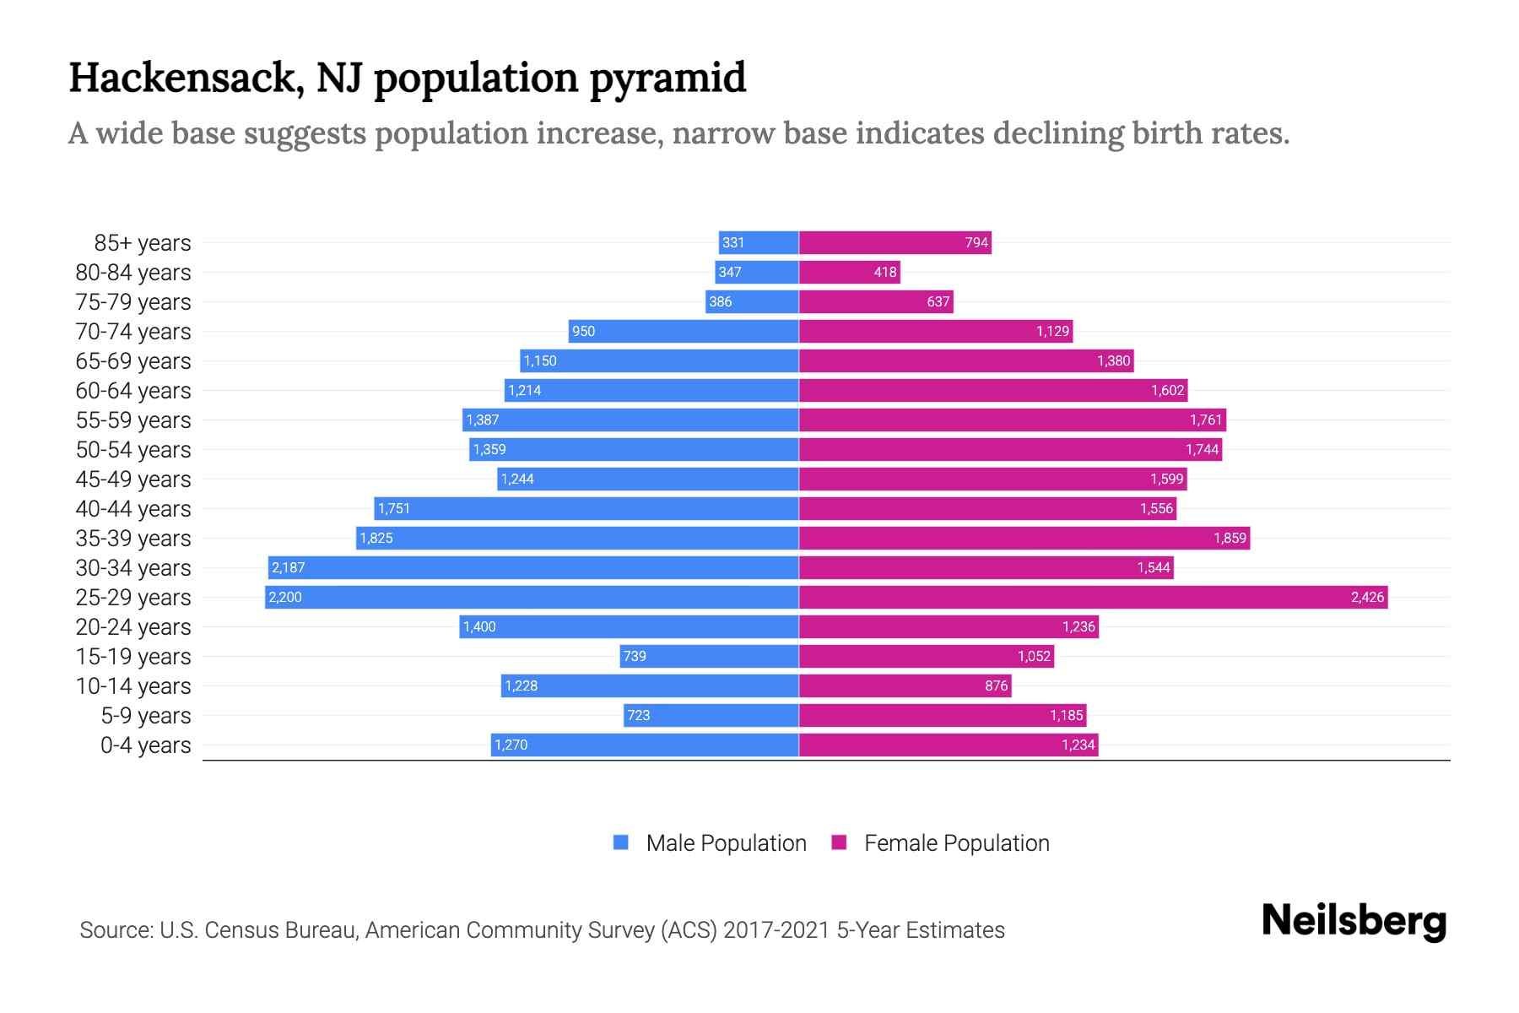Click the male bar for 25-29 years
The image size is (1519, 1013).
532,597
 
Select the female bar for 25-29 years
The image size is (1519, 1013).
1093,597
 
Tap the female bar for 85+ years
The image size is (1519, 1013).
895,242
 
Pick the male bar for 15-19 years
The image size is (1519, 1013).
709,656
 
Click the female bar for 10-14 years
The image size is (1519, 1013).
905,685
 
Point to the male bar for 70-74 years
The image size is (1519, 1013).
684,331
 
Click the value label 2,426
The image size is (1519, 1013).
1367,597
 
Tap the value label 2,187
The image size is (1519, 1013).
289,567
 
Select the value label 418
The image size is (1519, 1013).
885,272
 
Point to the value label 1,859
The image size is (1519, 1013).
1230,538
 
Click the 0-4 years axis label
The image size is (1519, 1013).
145,745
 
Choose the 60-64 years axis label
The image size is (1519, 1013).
133,391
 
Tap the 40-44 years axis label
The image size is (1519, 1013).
133,509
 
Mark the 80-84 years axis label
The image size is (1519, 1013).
133,273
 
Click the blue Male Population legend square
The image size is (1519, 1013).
621,842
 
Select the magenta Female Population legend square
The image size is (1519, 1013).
839,842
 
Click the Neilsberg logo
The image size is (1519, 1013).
1354,921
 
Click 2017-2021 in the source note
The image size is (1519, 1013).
776,930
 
